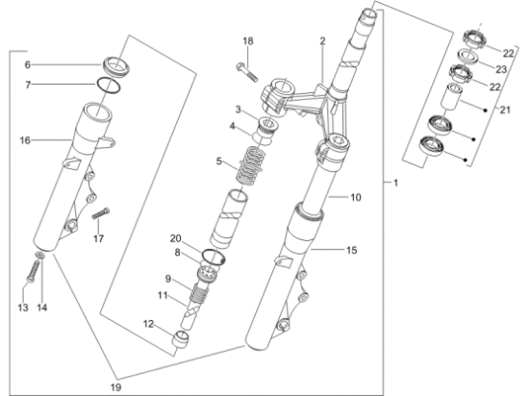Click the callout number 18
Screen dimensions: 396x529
(x=247, y=41)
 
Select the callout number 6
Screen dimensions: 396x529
(x=27, y=64)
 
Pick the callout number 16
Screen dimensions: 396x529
(x=25, y=140)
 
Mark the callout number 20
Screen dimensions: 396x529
(x=176, y=238)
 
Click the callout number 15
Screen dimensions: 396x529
(x=351, y=250)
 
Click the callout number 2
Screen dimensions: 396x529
(x=322, y=40)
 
